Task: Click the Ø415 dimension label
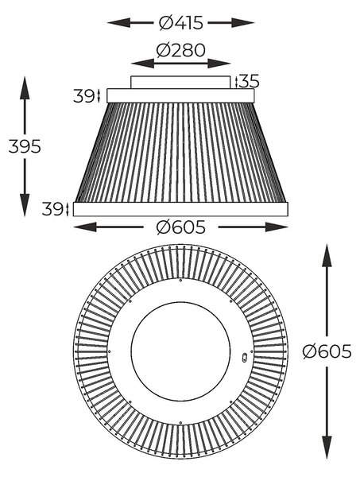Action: [x=180, y=23]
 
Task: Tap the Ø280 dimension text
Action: [x=180, y=50]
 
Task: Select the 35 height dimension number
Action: [x=249, y=81]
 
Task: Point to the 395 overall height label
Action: [x=25, y=146]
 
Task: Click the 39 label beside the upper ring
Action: [x=83, y=96]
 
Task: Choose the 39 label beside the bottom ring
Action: [x=52, y=209]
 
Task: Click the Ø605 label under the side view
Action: [x=180, y=227]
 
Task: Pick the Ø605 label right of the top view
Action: [x=327, y=351]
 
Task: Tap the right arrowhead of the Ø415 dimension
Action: [x=242, y=23]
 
